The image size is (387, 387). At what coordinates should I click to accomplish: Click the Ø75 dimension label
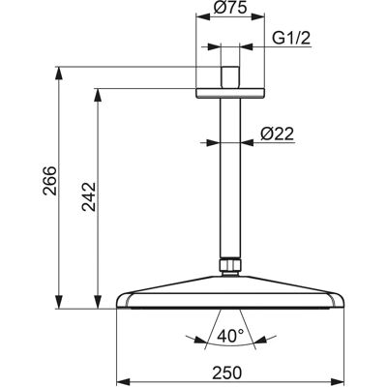coord(230,7)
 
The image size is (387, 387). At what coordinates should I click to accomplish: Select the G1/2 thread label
coord(291,39)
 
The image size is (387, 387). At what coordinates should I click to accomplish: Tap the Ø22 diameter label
coord(278,134)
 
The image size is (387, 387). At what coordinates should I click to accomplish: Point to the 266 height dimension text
coord(50,181)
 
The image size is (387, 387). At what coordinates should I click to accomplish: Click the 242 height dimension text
coord(89,196)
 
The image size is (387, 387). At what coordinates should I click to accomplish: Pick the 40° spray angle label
coord(230,337)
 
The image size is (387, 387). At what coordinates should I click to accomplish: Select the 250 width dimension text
coord(227,373)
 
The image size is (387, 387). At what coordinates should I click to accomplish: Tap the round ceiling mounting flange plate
coord(230,93)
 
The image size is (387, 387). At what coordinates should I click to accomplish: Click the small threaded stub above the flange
coord(230,77)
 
